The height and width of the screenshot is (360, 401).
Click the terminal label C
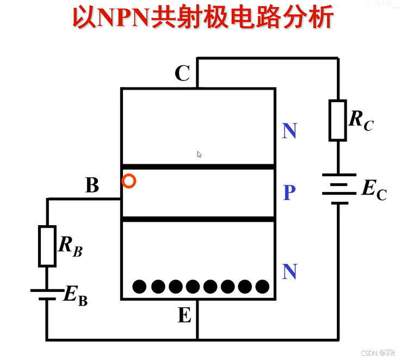pos(182,73)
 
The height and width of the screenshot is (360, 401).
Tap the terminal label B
pos(92,185)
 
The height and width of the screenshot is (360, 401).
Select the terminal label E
pos(184,315)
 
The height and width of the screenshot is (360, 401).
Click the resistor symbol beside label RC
pos(337,120)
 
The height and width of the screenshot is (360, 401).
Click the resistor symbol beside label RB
pos(47,246)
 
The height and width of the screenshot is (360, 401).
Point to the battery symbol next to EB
pos(47,294)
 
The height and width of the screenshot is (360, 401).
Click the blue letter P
pos(289,192)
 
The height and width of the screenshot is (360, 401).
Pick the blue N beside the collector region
pos(289,131)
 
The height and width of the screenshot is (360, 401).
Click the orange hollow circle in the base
pos(128,181)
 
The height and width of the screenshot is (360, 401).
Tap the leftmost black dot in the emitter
pos(140,286)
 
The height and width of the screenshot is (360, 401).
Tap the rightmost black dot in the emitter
pos(262,286)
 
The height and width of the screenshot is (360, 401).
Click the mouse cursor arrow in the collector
pos(199,154)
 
